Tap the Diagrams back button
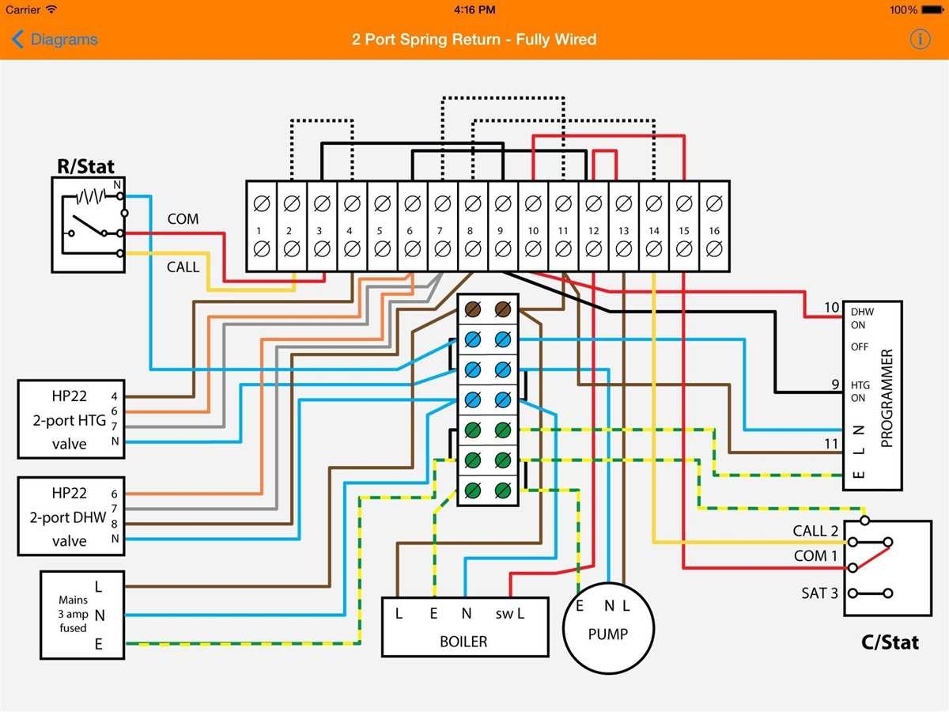pyautogui.click(x=55, y=40)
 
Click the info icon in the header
pyautogui.click(x=920, y=39)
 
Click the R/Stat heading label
pyautogui.click(x=85, y=166)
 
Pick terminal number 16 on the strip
pyautogui.click(x=714, y=230)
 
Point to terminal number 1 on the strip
pyautogui.click(x=261, y=230)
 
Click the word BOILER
pyautogui.click(x=463, y=642)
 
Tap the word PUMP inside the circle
pyautogui.click(x=608, y=634)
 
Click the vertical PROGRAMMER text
pyautogui.click(x=886, y=398)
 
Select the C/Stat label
pyautogui.click(x=890, y=642)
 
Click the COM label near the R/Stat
pyautogui.click(x=183, y=218)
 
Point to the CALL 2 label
pyautogui.click(x=815, y=531)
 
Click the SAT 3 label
pyautogui.click(x=819, y=593)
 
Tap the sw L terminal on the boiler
pyautogui.click(x=510, y=613)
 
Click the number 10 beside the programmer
pyautogui.click(x=830, y=308)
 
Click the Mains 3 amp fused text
pyautogui.click(x=73, y=614)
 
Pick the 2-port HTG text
pyautogui.click(x=70, y=421)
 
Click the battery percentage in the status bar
pyautogui.click(x=902, y=9)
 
